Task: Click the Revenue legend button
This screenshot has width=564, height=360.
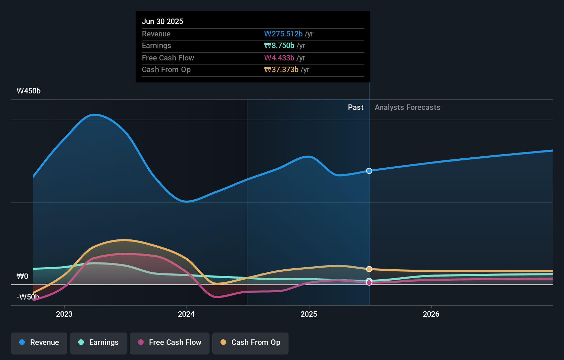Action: [39, 342]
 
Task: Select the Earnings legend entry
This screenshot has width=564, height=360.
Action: [99, 342]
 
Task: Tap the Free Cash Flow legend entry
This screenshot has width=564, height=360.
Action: [170, 342]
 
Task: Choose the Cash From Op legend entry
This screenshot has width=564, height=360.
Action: [250, 342]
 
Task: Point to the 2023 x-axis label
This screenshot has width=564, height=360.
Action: [64, 314]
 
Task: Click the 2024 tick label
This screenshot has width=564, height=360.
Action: [186, 314]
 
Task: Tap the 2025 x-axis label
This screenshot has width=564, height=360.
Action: [309, 314]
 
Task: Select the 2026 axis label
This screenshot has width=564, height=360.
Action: [431, 314]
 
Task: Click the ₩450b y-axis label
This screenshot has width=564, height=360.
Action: [29, 91]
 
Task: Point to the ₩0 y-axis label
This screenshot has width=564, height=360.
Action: [22, 277]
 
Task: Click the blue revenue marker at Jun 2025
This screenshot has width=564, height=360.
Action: [369, 171]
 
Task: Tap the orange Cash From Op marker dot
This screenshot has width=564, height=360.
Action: [369, 269]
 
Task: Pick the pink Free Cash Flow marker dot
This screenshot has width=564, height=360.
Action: [369, 283]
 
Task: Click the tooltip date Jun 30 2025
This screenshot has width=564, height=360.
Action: [162, 21]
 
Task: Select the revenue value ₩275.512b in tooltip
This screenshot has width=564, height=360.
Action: [283, 34]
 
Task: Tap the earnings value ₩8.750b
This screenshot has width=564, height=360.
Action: [279, 46]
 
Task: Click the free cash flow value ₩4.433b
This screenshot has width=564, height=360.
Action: [279, 58]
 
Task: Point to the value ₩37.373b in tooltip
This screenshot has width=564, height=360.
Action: [281, 70]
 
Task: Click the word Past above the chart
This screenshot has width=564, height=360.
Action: [356, 108]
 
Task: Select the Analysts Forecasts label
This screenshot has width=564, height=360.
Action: [407, 108]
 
